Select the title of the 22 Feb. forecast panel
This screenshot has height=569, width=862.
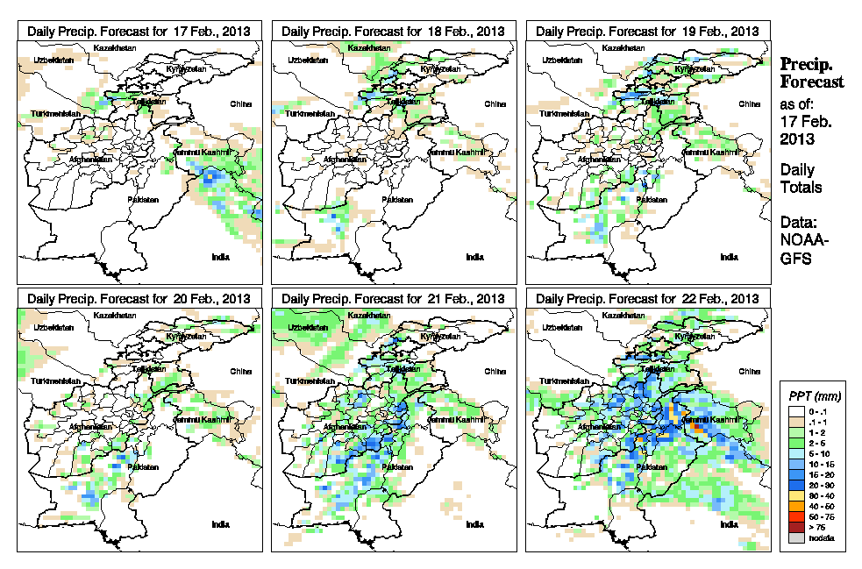[647, 298]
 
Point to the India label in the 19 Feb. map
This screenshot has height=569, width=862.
[729, 257]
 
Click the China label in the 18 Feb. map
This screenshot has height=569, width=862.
[495, 103]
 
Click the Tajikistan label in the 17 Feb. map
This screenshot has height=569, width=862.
[147, 102]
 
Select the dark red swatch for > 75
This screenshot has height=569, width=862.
[795, 527]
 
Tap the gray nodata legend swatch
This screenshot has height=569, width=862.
[795, 537]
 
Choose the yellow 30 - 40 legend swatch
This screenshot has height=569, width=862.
[795, 495]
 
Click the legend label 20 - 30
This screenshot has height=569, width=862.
[820, 485]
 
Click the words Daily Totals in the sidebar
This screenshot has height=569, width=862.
[801, 178]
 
